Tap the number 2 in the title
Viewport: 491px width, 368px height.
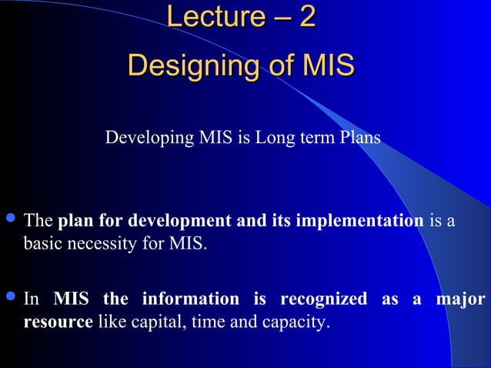pos(306,17)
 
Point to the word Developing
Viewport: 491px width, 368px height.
pos(141,139)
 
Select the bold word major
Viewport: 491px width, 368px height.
pos(463,299)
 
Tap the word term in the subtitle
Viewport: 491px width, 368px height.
pos(310,139)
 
